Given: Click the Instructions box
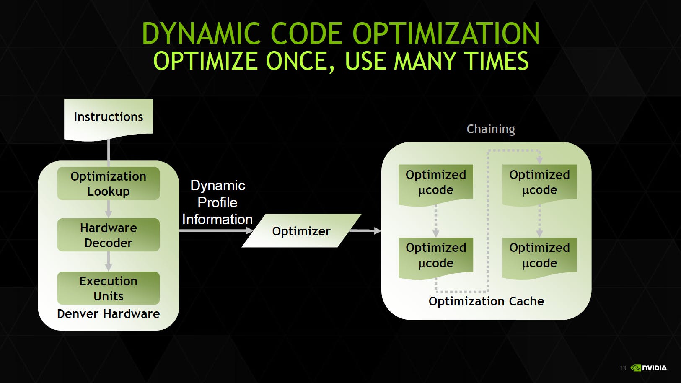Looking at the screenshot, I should (109, 118).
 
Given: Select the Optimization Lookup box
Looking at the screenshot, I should (109, 184).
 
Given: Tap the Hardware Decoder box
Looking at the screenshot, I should (109, 235).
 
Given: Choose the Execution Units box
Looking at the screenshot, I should (109, 288).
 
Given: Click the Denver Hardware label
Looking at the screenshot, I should (109, 314).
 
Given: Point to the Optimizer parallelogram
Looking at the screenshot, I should (301, 231).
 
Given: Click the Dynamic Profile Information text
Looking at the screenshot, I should (218, 202).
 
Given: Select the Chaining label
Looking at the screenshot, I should (491, 129).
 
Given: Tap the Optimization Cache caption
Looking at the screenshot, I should (486, 301).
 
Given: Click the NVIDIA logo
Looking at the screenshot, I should (650, 368).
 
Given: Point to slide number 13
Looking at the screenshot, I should (623, 368).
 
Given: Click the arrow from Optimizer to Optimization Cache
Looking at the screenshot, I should (365, 230).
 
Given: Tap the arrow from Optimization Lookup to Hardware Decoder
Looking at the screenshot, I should (109, 209).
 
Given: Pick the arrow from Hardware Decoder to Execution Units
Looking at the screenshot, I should (109, 261).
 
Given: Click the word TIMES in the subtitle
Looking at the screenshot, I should (497, 61).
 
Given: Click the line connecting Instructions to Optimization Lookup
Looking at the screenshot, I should (109, 151).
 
